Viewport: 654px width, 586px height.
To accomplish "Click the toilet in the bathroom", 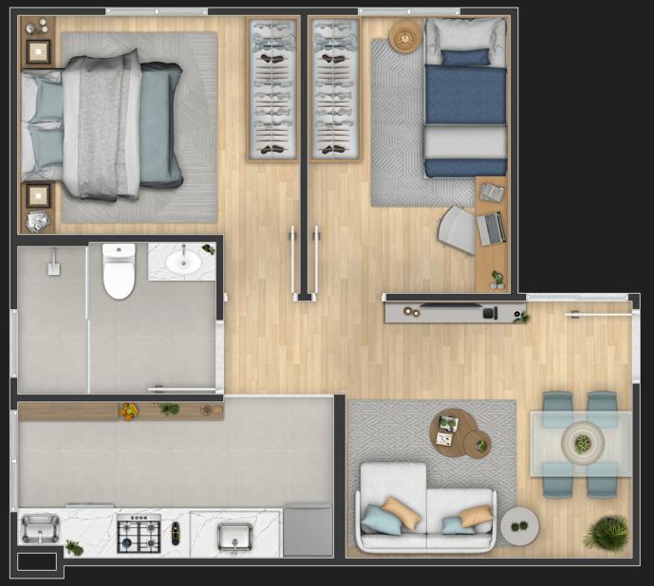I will click(x=119, y=272).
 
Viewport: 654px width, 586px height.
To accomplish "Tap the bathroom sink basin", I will click(x=182, y=261).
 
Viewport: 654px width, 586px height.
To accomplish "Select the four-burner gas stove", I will click(x=139, y=534).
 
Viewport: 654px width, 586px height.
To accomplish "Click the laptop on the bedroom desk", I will click(x=491, y=229).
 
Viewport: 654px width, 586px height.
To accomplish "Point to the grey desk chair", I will click(x=458, y=229).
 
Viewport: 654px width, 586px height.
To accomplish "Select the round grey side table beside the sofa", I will click(x=519, y=525).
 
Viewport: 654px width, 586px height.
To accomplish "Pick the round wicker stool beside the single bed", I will click(x=404, y=37).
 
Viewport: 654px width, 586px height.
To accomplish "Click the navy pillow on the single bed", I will click(x=465, y=58).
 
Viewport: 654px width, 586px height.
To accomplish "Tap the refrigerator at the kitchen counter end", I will click(x=308, y=532).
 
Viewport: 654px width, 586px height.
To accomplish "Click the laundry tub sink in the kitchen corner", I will click(x=40, y=528).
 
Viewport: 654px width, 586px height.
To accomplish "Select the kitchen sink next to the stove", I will click(x=234, y=538).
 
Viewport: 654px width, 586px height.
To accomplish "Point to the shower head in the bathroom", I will click(x=54, y=263).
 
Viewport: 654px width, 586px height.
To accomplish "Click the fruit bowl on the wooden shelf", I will click(x=128, y=411).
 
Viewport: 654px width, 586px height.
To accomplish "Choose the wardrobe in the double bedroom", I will click(x=272, y=89).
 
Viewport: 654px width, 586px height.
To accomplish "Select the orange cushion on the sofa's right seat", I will click(x=476, y=516).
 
